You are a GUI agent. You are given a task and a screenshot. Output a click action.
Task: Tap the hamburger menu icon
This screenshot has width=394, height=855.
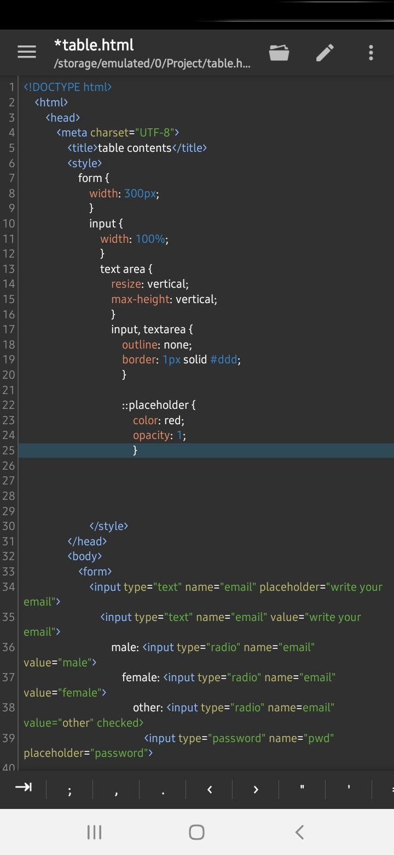pos(27,52)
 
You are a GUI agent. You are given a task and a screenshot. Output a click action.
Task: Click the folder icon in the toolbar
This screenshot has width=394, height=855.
pos(279,52)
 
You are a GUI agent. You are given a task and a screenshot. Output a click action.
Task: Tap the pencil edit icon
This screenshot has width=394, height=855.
pos(325,52)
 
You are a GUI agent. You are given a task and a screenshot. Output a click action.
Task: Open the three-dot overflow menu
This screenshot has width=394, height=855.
pos(371,52)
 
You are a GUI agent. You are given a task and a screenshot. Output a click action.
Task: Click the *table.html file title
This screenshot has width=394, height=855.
pos(94,45)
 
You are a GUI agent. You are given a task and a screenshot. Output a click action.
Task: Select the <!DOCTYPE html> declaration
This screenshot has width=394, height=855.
pos(67,87)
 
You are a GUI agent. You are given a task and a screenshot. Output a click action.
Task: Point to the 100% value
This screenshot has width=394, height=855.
pos(150,239)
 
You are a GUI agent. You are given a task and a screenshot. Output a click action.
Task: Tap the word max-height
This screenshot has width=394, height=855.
pos(140,299)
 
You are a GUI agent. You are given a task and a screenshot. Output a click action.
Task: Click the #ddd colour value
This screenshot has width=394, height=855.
pos(224,360)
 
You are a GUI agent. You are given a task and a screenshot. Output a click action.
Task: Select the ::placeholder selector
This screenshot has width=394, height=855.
pos(155,405)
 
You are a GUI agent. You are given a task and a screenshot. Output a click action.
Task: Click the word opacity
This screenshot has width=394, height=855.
pos(151,436)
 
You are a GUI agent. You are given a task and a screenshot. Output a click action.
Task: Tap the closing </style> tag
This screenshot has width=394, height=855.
pos(108,526)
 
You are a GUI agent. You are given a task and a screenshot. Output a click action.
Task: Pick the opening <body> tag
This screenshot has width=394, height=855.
pos(85,556)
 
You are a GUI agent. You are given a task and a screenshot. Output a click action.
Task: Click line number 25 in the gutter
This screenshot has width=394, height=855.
pos(8,451)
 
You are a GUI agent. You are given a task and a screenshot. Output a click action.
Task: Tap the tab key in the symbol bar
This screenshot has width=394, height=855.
pos(23,787)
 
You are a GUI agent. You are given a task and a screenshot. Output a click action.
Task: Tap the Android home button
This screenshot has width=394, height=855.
pos(196,832)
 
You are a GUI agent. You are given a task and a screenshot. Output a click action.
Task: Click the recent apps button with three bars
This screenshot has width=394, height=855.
pos(94,832)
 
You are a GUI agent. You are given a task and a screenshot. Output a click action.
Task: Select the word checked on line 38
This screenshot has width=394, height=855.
pos(120,723)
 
